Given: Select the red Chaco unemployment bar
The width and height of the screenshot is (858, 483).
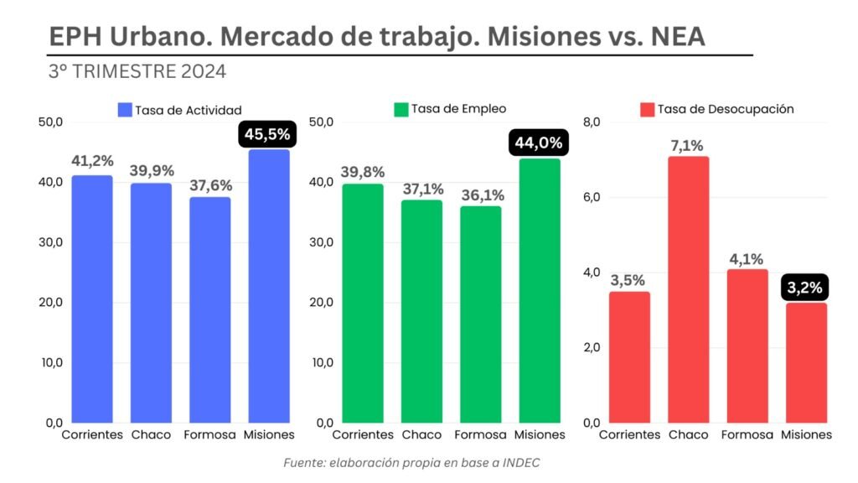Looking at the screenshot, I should [x=688, y=289].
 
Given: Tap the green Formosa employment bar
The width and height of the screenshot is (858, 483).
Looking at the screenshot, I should [x=481, y=314].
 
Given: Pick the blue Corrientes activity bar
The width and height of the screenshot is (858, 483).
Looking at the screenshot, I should [x=91, y=299].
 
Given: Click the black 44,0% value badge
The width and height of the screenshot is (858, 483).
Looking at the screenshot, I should [x=539, y=143].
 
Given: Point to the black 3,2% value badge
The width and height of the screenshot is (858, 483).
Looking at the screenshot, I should [x=805, y=289].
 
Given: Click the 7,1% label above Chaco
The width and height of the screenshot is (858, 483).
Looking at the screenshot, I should [x=688, y=145].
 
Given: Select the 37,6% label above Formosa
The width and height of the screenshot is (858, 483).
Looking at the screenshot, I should [x=209, y=184].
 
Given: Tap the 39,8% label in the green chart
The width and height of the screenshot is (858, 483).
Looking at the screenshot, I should [x=362, y=172].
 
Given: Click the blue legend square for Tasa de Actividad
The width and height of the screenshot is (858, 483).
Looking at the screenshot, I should [x=125, y=110].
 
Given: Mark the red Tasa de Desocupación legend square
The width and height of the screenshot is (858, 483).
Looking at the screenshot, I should [x=647, y=110].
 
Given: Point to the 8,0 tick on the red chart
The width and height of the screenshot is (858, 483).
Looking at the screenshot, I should [x=592, y=122].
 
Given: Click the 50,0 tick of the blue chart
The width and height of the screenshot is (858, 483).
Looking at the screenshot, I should [x=51, y=122].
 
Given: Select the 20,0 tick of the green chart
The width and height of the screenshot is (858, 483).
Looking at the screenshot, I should [x=322, y=303].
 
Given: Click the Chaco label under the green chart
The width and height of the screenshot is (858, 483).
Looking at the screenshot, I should [x=421, y=435].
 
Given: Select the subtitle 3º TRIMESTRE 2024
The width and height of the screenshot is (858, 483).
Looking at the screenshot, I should [x=137, y=71].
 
